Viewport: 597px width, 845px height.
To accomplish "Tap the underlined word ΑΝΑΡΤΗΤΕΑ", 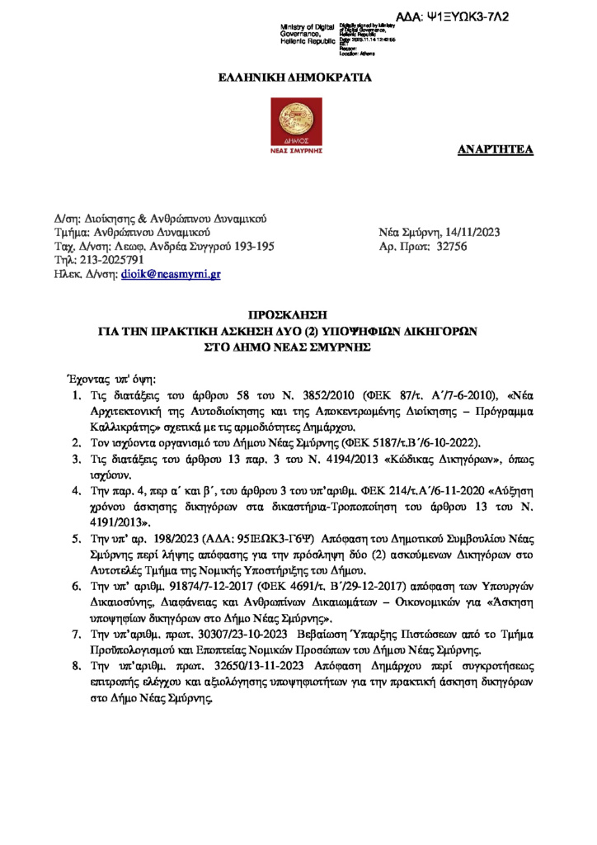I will click(496, 149).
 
